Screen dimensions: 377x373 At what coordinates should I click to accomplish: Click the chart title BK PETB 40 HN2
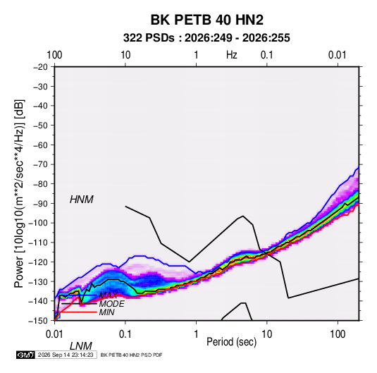click(206, 20)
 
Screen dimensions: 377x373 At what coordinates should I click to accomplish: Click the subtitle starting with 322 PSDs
click(206, 38)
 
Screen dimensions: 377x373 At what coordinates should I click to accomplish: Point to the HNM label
click(82, 200)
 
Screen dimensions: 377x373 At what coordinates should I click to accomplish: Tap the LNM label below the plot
click(81, 346)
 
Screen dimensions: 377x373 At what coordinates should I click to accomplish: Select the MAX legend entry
click(109, 295)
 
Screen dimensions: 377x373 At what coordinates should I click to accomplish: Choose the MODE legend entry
click(112, 304)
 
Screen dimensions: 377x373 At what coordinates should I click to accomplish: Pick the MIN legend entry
click(106, 312)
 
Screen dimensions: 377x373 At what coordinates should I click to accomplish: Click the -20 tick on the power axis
click(40, 67)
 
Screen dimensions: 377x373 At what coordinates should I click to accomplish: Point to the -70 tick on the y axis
click(40, 164)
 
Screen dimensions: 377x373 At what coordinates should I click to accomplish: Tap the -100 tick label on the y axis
click(39, 223)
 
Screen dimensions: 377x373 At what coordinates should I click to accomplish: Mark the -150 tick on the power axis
click(39, 321)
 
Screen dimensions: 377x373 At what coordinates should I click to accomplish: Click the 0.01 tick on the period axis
click(54, 334)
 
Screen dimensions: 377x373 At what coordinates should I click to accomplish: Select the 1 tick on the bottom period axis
click(196, 334)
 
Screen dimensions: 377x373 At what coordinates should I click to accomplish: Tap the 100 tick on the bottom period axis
click(338, 334)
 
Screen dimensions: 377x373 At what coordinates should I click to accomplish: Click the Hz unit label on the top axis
click(232, 55)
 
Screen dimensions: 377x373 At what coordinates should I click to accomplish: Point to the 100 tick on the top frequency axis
click(54, 55)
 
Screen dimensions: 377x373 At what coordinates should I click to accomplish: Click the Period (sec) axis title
click(232, 342)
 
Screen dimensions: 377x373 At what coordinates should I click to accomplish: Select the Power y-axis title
click(19, 194)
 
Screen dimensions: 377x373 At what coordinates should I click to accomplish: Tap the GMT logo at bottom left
click(25, 355)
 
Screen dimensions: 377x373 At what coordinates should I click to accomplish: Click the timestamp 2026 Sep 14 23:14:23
click(66, 355)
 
